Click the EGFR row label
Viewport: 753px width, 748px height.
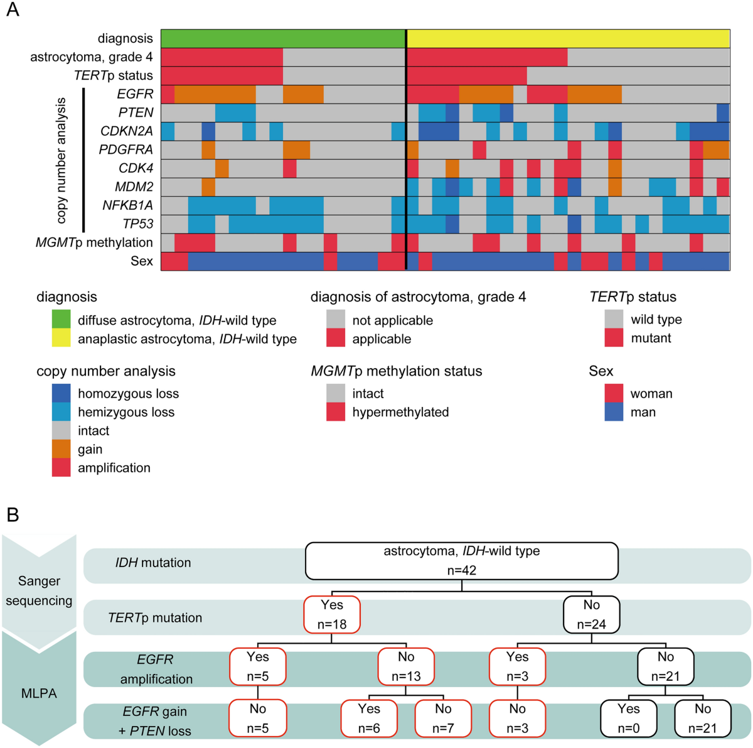tap(135, 94)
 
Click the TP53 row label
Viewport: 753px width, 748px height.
tap(137, 224)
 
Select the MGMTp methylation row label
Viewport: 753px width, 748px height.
tap(94, 242)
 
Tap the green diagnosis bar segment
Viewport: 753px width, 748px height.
tap(282, 38)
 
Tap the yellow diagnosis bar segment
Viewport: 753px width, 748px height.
tap(569, 38)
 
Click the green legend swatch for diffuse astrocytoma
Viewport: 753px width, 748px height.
tap(61, 320)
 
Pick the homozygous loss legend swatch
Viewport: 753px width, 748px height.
tap(61, 393)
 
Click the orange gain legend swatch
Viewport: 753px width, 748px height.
tap(61, 449)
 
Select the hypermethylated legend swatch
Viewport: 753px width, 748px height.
tap(336, 412)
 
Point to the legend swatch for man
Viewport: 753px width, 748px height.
tap(614, 412)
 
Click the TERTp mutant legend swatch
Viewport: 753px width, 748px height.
tap(614, 338)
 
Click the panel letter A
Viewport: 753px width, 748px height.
tap(13, 11)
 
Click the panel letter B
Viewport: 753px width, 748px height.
tap(13, 515)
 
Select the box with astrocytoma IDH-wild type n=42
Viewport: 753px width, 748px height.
tap(461, 561)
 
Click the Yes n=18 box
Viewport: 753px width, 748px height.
tap(332, 614)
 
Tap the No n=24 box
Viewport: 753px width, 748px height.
tap(591, 614)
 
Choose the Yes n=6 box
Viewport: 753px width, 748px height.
tap(369, 718)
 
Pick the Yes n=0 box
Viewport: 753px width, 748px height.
tap(628, 718)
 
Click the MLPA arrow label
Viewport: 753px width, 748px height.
tap(39, 693)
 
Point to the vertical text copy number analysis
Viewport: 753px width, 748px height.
tap(61, 160)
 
